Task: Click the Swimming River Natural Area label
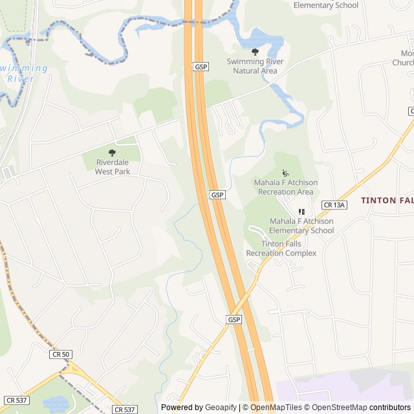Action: [255, 66]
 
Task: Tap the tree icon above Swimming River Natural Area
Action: [255, 52]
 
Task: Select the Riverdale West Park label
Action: [113, 167]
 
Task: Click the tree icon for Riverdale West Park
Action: [113, 153]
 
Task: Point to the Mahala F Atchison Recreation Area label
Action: [285, 187]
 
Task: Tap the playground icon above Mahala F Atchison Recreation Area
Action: [285, 173]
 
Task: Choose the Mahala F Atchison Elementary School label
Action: [301, 226]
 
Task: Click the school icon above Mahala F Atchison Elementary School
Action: [301, 212]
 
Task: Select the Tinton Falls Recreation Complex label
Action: [281, 248]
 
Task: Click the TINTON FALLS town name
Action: [387, 201]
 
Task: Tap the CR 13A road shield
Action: [334, 205]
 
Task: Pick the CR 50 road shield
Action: [60, 354]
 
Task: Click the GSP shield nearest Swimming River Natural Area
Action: [201, 67]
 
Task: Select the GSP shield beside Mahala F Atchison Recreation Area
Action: [217, 195]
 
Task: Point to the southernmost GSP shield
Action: [234, 320]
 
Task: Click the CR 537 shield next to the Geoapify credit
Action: [125, 409]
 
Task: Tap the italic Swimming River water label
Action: [24, 73]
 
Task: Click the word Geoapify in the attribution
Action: [221, 408]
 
